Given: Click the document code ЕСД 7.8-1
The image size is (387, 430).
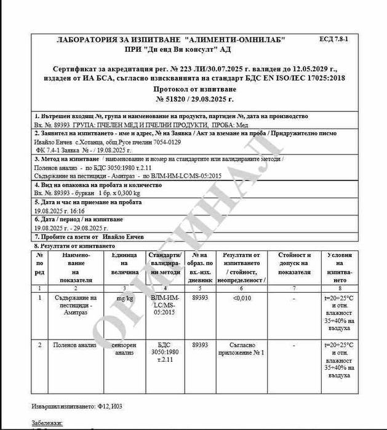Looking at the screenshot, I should pyautogui.click(x=333, y=39).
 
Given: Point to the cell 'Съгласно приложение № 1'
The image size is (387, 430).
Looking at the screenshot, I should pyautogui.click(x=242, y=349).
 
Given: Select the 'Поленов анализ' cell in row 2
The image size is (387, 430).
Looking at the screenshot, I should pyautogui.click(x=75, y=345).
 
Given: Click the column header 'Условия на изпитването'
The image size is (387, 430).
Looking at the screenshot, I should pyautogui.click(x=340, y=267).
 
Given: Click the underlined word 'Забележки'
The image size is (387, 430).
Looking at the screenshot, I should pyautogui.click(x=47, y=423).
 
